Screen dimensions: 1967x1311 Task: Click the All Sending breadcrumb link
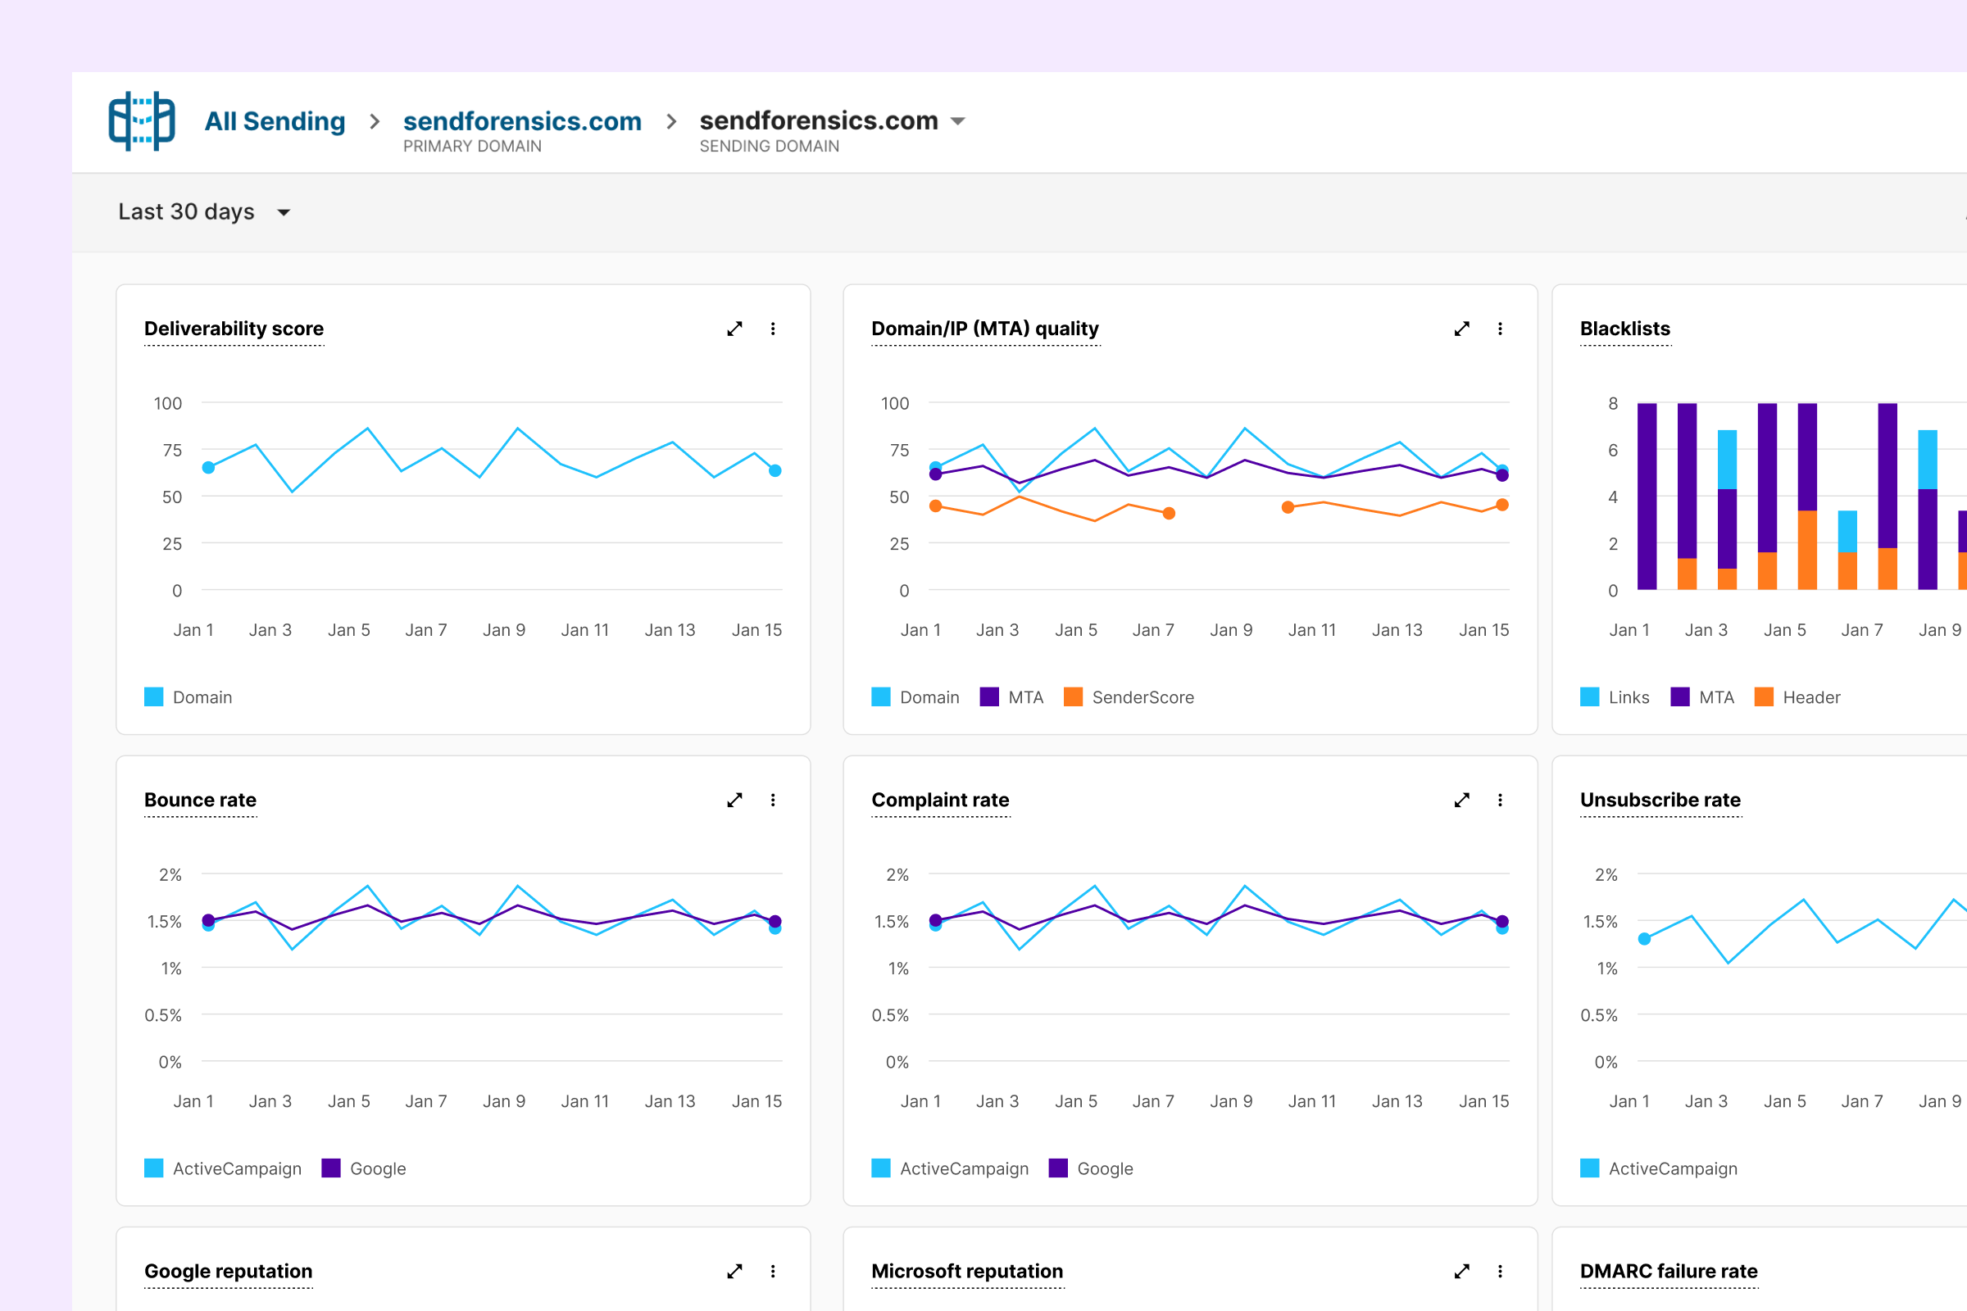275,121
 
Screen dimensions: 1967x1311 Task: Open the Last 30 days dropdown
204,211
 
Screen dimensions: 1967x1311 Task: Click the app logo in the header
141,121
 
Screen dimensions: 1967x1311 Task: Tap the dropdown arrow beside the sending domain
958,121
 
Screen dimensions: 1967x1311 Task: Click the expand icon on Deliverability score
734,329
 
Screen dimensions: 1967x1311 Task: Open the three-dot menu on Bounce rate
773,801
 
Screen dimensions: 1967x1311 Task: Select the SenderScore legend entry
1129,696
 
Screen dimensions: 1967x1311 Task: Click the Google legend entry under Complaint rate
1091,1168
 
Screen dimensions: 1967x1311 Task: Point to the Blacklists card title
1624,329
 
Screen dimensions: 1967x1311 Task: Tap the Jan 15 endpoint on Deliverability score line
775,470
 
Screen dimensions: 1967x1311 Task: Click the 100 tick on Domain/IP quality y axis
894,403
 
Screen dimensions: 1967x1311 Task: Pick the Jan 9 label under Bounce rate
503,1101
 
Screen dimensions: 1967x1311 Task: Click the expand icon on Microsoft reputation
1462,1271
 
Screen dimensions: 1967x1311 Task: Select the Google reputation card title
229,1271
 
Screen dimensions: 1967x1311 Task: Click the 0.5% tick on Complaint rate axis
890,1015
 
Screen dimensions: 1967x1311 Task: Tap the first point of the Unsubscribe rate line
1644,939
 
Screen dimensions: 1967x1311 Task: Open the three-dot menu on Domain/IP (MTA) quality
1500,329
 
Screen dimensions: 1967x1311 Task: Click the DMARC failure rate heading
1669,1271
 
